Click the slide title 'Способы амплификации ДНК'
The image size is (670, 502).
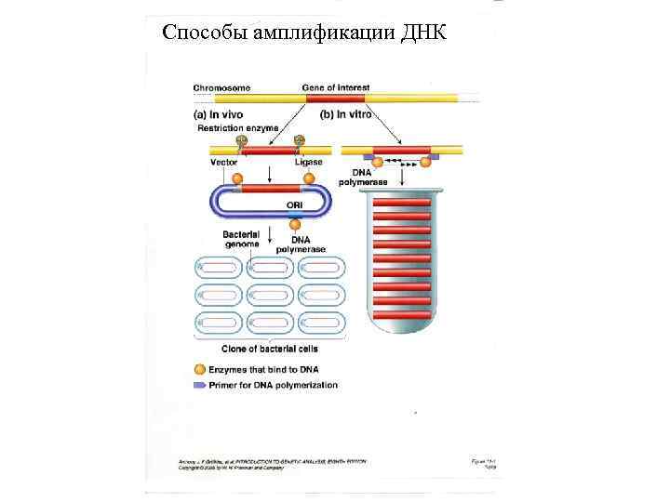[303, 33]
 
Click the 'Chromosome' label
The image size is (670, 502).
[220, 87]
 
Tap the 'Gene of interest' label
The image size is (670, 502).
[335, 87]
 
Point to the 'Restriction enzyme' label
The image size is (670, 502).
[234, 127]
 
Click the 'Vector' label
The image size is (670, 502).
[223, 162]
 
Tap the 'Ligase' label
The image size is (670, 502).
[308, 162]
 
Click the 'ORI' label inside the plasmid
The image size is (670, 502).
[293, 205]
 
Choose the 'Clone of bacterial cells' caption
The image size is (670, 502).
[269, 350]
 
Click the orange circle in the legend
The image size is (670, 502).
[200, 370]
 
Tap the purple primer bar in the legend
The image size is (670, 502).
[200, 385]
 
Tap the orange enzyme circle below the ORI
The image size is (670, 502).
[295, 223]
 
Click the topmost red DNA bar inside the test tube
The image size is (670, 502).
[402, 203]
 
